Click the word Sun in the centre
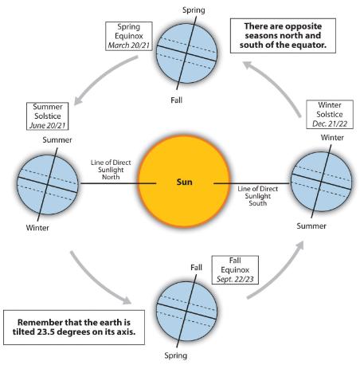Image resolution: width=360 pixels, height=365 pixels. point(184,182)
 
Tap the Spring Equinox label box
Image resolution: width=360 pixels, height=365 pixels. point(129,36)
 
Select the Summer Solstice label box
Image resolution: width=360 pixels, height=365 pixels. point(48,116)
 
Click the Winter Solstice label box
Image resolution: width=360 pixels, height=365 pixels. point(330,115)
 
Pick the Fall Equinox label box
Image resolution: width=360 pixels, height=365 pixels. point(235,270)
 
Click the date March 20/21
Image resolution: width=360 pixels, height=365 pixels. point(129,45)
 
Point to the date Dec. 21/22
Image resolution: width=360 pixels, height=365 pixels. point(330,124)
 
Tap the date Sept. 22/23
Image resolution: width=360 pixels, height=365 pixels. point(235,279)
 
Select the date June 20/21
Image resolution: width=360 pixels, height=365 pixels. point(48,125)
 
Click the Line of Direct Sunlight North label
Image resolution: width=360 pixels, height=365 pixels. point(111,170)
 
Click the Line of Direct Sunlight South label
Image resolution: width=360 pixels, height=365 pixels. point(257,196)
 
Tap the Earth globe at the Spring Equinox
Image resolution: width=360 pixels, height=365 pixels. point(186,53)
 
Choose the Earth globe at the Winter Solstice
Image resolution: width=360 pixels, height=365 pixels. point(321,182)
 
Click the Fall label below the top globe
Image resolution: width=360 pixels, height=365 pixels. point(176,100)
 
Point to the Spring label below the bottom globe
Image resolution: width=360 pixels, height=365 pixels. point(176,355)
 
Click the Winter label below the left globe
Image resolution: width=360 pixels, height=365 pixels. point(37,228)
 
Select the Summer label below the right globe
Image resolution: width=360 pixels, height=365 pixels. point(311,226)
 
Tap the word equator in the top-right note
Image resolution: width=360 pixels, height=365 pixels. point(309,45)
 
